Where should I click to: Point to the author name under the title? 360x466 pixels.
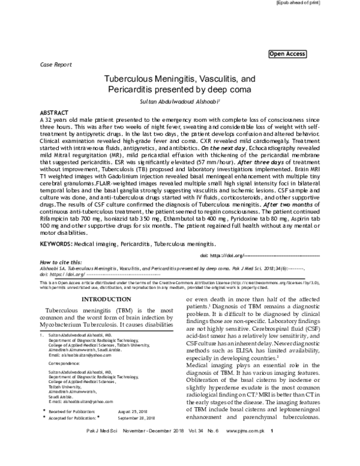[x=180, y=101]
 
